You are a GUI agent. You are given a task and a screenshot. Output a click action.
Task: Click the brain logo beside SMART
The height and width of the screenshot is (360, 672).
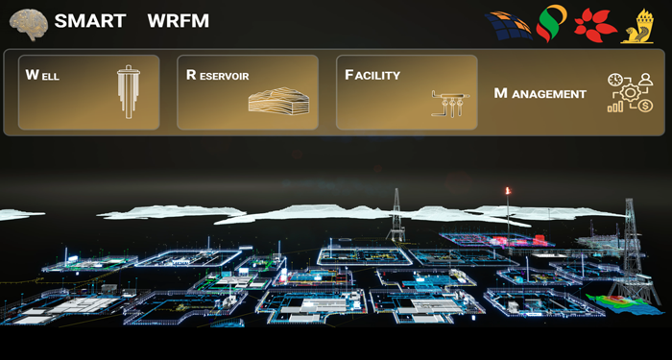[29, 24]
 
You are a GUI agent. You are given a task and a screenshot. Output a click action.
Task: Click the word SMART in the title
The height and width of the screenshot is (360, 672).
[90, 21]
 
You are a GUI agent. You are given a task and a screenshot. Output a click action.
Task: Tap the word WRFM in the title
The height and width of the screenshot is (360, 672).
[179, 21]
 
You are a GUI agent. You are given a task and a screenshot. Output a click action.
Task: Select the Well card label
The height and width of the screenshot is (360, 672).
[42, 75]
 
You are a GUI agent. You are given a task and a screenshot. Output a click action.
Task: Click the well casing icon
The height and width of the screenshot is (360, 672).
[129, 92]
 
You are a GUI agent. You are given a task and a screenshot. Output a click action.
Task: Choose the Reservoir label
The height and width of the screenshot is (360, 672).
[217, 76]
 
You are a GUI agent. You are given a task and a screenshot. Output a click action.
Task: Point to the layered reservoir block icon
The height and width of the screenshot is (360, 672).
[278, 101]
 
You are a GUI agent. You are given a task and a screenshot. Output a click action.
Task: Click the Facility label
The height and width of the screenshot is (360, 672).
[372, 75]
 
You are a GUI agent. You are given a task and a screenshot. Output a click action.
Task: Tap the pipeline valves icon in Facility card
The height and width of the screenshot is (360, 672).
[450, 103]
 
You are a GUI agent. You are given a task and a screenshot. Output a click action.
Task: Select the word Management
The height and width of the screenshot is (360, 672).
[540, 93]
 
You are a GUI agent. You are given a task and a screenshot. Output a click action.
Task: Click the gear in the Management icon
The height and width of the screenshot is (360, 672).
[631, 92]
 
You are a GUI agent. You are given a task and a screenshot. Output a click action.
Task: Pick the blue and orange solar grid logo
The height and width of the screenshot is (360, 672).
[509, 26]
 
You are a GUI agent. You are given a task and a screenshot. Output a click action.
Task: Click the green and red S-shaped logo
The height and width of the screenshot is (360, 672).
[551, 23]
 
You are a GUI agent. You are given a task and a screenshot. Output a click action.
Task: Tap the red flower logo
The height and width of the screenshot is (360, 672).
[595, 26]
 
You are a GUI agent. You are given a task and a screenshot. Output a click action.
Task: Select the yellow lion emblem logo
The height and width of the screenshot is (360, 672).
[637, 26]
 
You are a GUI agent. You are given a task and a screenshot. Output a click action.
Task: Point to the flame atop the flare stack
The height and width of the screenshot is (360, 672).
[508, 191]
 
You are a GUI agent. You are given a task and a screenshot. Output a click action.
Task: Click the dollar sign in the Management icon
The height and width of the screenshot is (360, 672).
[645, 106]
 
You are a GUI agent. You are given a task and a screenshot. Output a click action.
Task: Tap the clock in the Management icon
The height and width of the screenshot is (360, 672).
[614, 80]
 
